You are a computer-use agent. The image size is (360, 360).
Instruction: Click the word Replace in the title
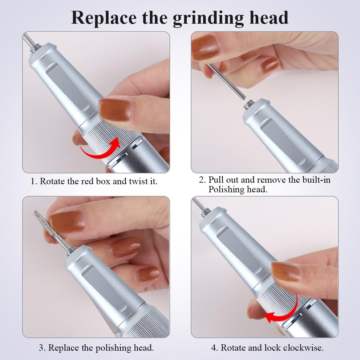104,18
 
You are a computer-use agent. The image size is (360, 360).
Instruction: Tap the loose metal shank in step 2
226,81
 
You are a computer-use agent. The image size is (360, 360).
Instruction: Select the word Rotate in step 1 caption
52,181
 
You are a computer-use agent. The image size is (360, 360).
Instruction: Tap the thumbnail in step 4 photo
286,271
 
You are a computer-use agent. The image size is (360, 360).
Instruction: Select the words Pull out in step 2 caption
223,180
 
